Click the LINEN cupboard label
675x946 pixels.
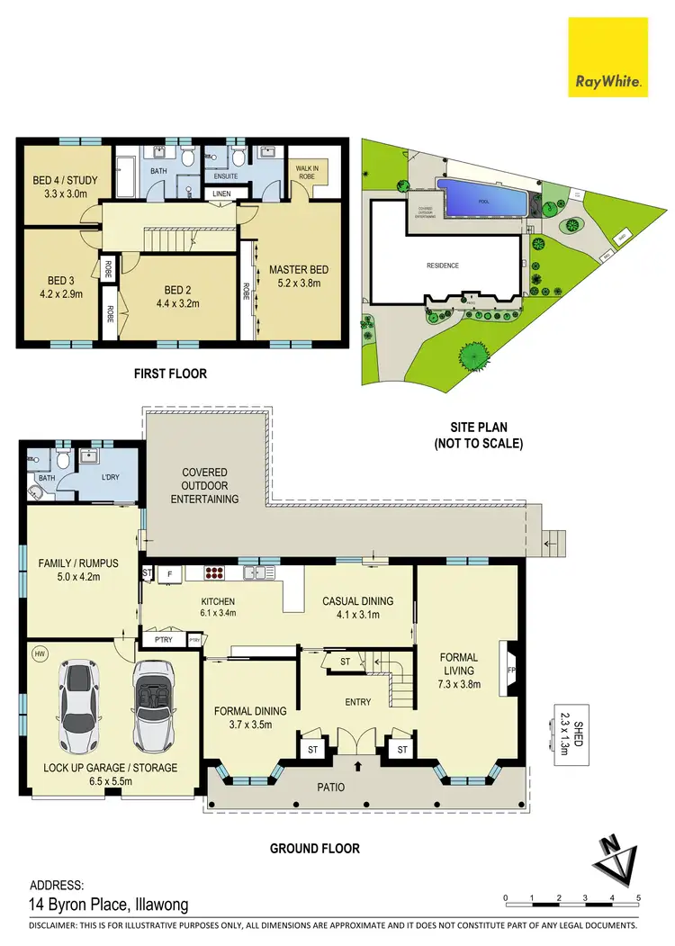coord(220,194)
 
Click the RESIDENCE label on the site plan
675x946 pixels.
coord(443,266)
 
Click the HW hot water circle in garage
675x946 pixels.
coord(39,654)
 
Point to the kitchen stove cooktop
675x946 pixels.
coord(214,572)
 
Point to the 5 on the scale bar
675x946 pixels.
coord(638,897)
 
